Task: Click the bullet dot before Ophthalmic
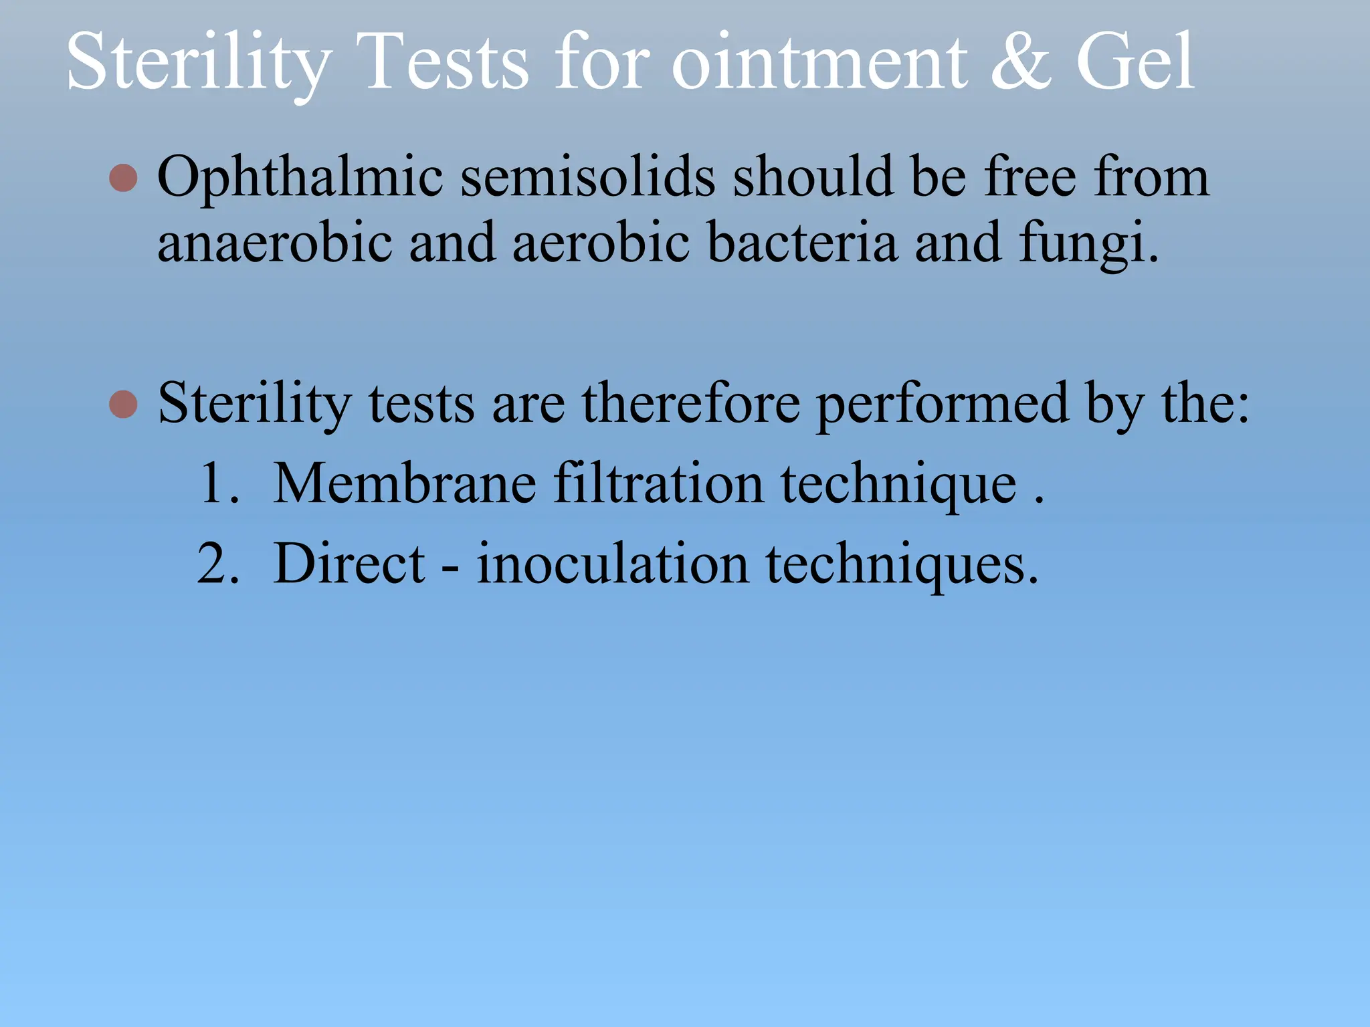(x=123, y=178)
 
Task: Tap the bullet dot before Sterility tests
(x=123, y=404)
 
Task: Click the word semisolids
(x=588, y=177)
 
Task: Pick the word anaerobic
(x=274, y=242)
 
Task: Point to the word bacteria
(x=802, y=242)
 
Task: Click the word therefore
(x=690, y=403)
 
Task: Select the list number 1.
(x=217, y=483)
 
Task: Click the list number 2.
(x=217, y=564)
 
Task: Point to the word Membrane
(x=405, y=483)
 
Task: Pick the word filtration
(x=658, y=483)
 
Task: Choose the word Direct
(x=349, y=564)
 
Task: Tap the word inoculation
(x=612, y=564)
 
